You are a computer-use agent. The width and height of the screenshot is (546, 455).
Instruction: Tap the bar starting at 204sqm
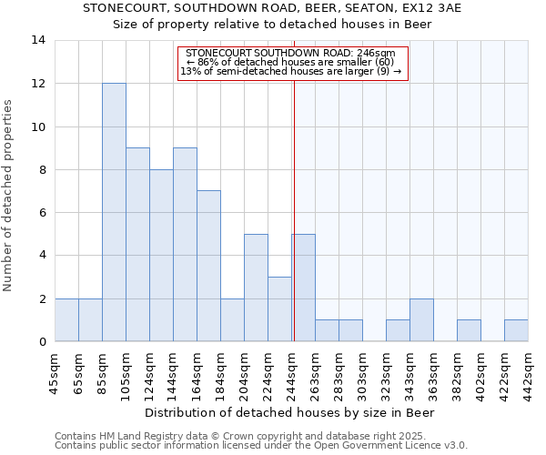pyautogui.click(x=256, y=288)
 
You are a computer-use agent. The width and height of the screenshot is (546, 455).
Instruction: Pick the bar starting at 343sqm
pyautogui.click(x=421, y=320)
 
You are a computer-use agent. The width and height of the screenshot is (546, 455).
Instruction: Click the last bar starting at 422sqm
pyautogui.click(x=516, y=331)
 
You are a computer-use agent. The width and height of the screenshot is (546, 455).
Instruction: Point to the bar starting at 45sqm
pyautogui.click(x=66, y=320)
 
